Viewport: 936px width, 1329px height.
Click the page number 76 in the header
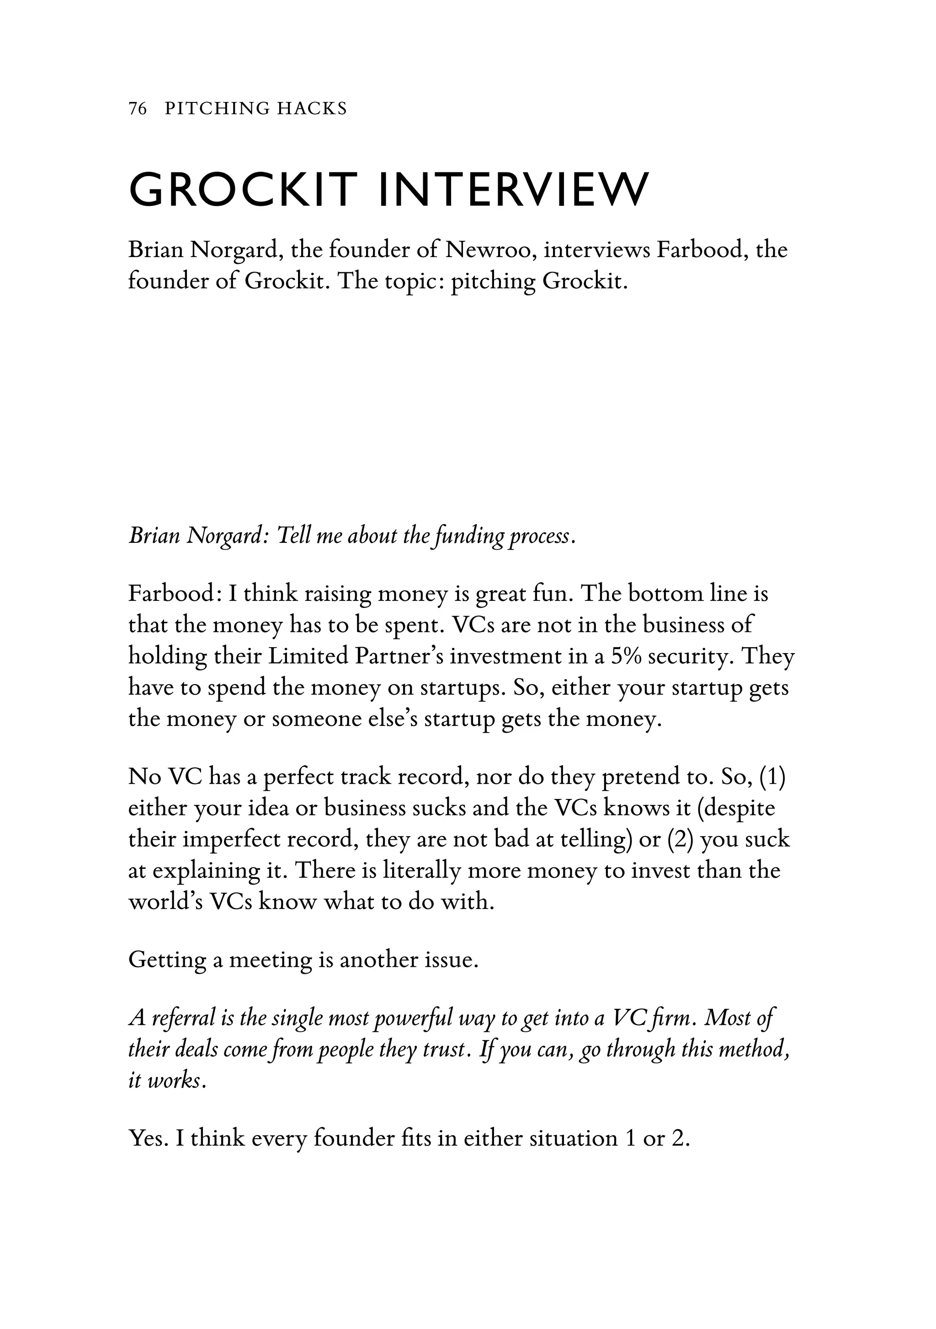138,108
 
